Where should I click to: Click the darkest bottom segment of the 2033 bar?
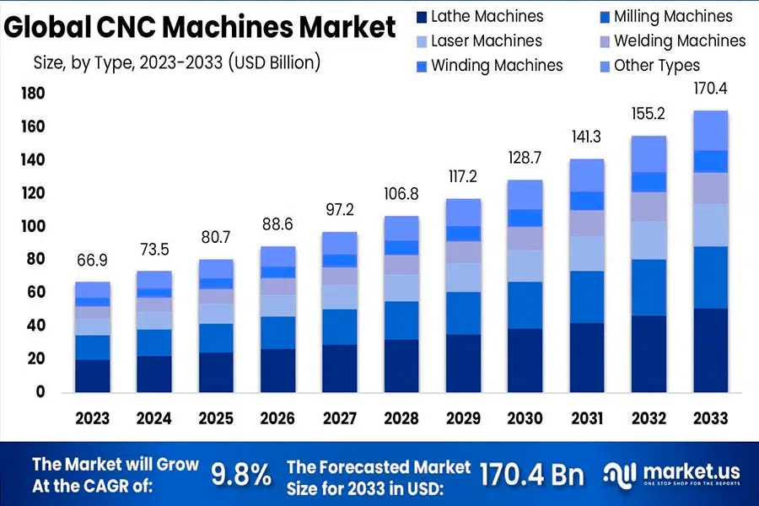pyautogui.click(x=710, y=350)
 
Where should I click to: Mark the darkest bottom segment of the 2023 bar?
pyautogui.click(x=93, y=375)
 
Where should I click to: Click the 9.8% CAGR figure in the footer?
pyautogui.click(x=240, y=475)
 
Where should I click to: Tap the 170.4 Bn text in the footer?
pyautogui.click(x=531, y=475)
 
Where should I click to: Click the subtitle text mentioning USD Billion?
pyautogui.click(x=176, y=62)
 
